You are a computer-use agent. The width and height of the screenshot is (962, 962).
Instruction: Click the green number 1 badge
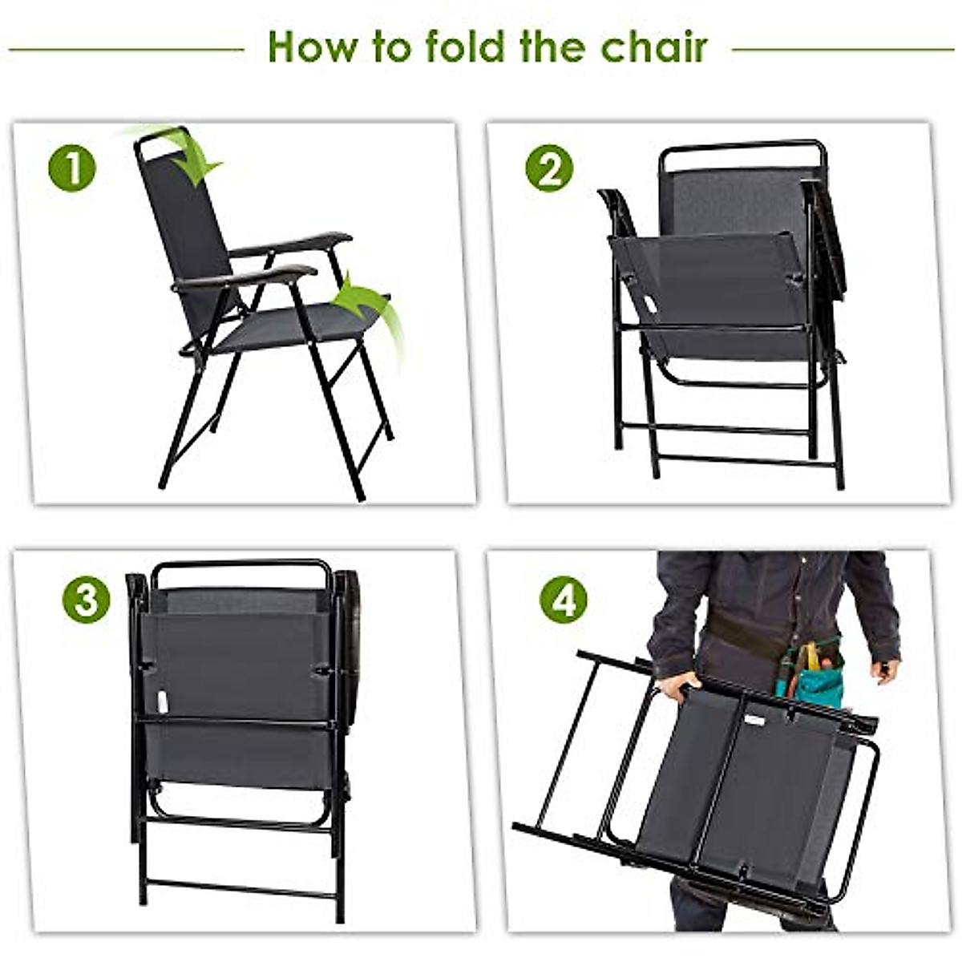[72, 168]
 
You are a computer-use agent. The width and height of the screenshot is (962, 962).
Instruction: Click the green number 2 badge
[549, 168]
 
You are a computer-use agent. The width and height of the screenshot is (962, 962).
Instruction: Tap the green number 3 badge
[86, 600]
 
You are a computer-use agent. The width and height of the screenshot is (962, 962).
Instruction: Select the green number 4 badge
[563, 600]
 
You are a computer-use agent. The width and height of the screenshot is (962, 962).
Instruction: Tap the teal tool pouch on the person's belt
[810, 677]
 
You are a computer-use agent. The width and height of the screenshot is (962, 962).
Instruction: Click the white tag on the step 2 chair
[649, 305]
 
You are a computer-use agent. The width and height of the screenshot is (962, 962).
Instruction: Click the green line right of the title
[842, 50]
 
